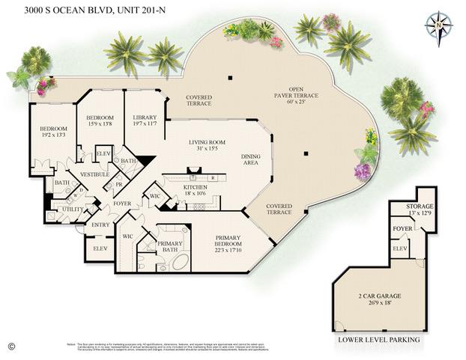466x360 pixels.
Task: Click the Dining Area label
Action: point(250,159)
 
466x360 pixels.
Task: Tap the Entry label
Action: point(100,225)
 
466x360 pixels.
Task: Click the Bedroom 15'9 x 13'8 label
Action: point(99,121)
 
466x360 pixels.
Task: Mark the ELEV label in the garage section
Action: point(400,248)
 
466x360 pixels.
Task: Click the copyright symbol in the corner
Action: point(10,346)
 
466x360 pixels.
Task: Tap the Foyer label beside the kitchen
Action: point(122,204)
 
